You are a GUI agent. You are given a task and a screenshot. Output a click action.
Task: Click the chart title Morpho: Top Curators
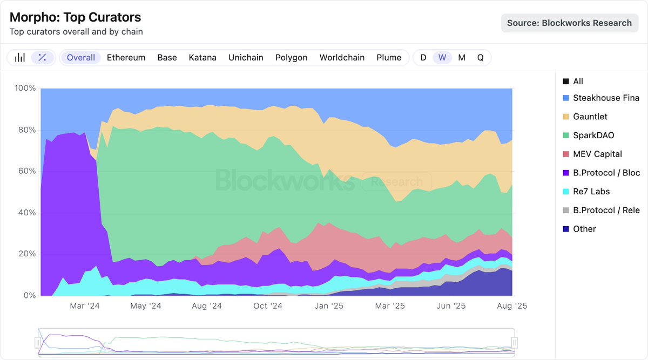[x=76, y=17]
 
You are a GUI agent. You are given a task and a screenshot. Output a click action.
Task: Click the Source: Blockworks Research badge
[x=569, y=23]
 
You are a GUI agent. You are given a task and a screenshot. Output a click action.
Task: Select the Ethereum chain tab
[x=126, y=58]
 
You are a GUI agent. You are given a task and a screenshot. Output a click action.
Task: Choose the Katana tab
[x=202, y=58]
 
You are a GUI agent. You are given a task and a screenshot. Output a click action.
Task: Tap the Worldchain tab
[x=342, y=58]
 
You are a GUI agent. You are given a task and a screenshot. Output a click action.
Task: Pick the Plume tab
[x=389, y=58]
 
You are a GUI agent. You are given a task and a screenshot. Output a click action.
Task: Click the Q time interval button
[x=480, y=58]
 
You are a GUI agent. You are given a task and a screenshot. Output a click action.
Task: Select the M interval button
[x=462, y=58]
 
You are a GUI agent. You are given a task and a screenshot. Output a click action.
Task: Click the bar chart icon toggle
[x=20, y=58]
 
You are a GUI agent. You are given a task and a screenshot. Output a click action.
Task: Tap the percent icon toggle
[x=42, y=58]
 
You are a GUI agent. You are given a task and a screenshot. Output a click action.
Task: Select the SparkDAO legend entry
[x=593, y=135]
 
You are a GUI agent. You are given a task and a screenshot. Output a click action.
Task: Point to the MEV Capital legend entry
[x=597, y=154]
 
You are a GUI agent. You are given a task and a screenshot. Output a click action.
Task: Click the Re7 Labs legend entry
[x=591, y=192]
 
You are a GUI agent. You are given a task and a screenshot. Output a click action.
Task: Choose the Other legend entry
[x=584, y=229]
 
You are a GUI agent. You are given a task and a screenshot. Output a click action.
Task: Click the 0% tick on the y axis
[x=29, y=296]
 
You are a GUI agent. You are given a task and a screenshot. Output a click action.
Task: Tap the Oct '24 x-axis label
[x=268, y=306]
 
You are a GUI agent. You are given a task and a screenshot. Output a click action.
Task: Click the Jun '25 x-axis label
[x=451, y=306]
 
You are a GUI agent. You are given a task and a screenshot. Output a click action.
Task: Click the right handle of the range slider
[x=515, y=342]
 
